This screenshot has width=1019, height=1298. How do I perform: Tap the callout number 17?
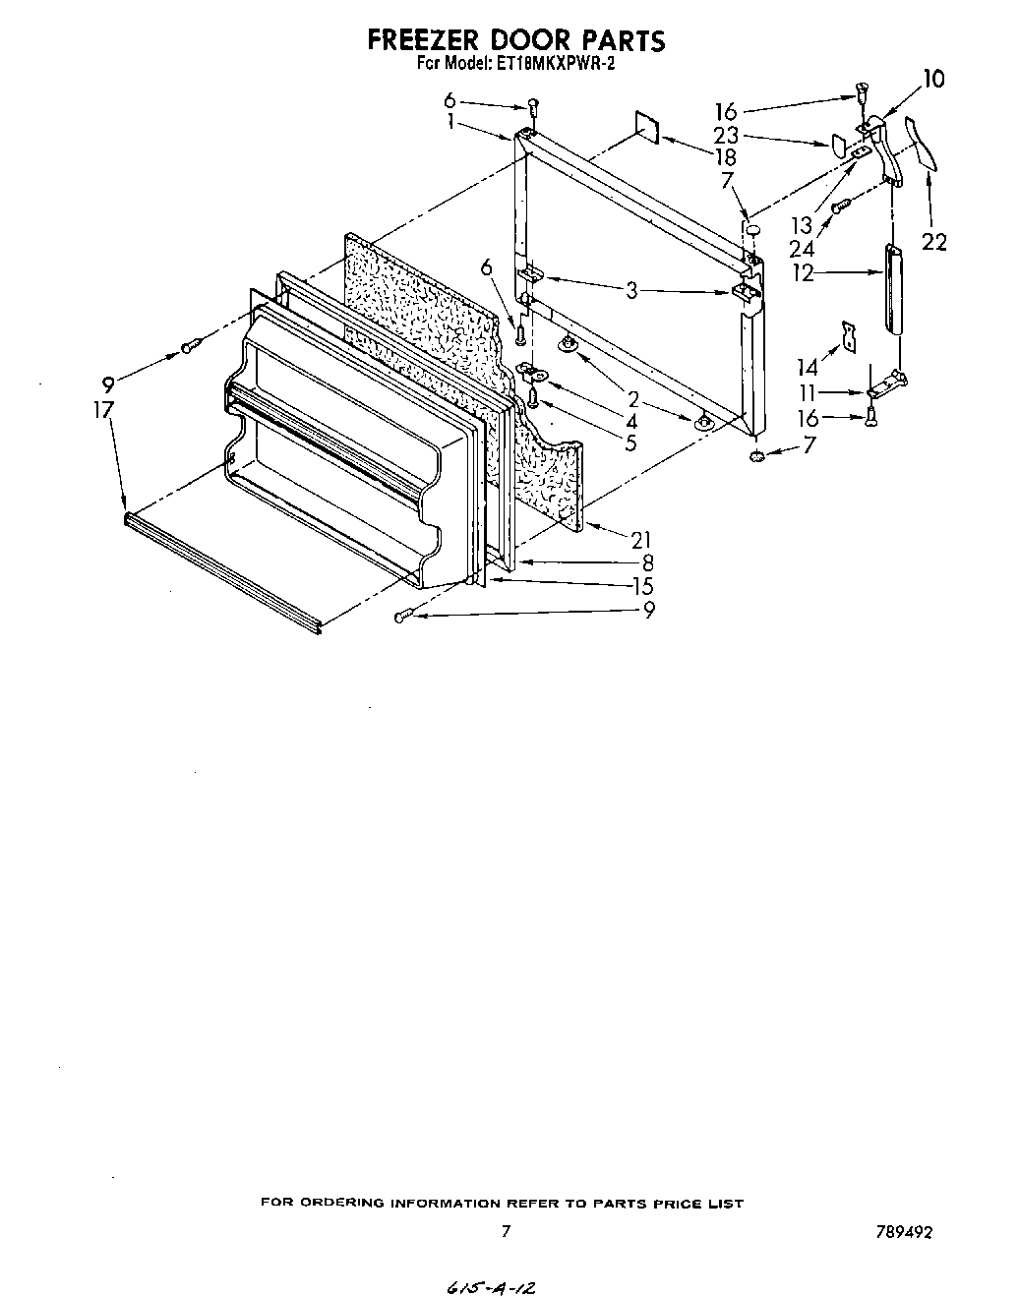tap(104, 409)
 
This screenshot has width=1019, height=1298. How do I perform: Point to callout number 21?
tap(642, 539)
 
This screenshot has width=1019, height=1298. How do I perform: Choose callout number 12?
tap(804, 272)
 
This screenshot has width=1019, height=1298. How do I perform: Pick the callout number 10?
tap(933, 79)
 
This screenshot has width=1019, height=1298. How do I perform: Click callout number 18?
tap(726, 156)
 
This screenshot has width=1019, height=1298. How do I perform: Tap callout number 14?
tap(808, 367)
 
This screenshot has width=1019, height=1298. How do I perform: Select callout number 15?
tap(642, 586)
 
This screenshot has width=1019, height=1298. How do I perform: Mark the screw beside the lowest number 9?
tap(402, 616)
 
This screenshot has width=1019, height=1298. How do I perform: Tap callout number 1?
tap(450, 121)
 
